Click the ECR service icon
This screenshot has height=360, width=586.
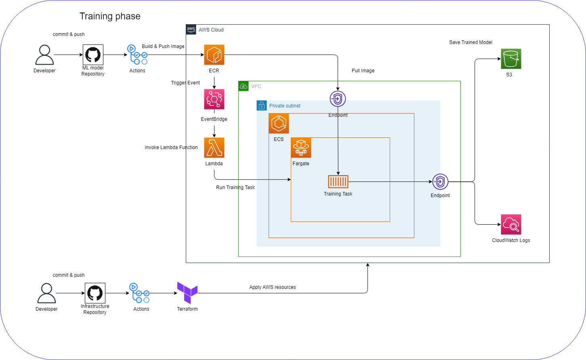(214, 55)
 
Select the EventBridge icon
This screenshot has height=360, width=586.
(214, 99)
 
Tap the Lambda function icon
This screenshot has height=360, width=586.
(214, 148)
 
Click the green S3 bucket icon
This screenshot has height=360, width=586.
(511, 59)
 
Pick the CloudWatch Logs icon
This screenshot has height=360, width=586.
(511, 225)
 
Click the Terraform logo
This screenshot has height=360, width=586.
(187, 293)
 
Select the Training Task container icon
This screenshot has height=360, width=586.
(338, 182)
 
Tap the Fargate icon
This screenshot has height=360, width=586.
(301, 148)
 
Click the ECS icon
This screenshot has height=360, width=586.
(279, 124)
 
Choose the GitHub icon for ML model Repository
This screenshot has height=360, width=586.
(93, 55)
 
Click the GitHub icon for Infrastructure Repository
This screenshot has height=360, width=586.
(95, 293)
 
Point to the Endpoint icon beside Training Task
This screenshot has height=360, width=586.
(440, 182)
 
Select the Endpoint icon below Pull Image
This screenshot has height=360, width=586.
(338, 99)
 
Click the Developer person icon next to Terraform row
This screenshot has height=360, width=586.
(46, 293)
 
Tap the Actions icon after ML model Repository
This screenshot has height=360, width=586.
(137, 55)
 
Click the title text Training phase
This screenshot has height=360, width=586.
(110, 16)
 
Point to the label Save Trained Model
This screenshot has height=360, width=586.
(470, 42)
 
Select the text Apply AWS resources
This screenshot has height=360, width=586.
(273, 287)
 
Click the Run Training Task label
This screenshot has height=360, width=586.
(235, 187)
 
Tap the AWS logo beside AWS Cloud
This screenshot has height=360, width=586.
(191, 29)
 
